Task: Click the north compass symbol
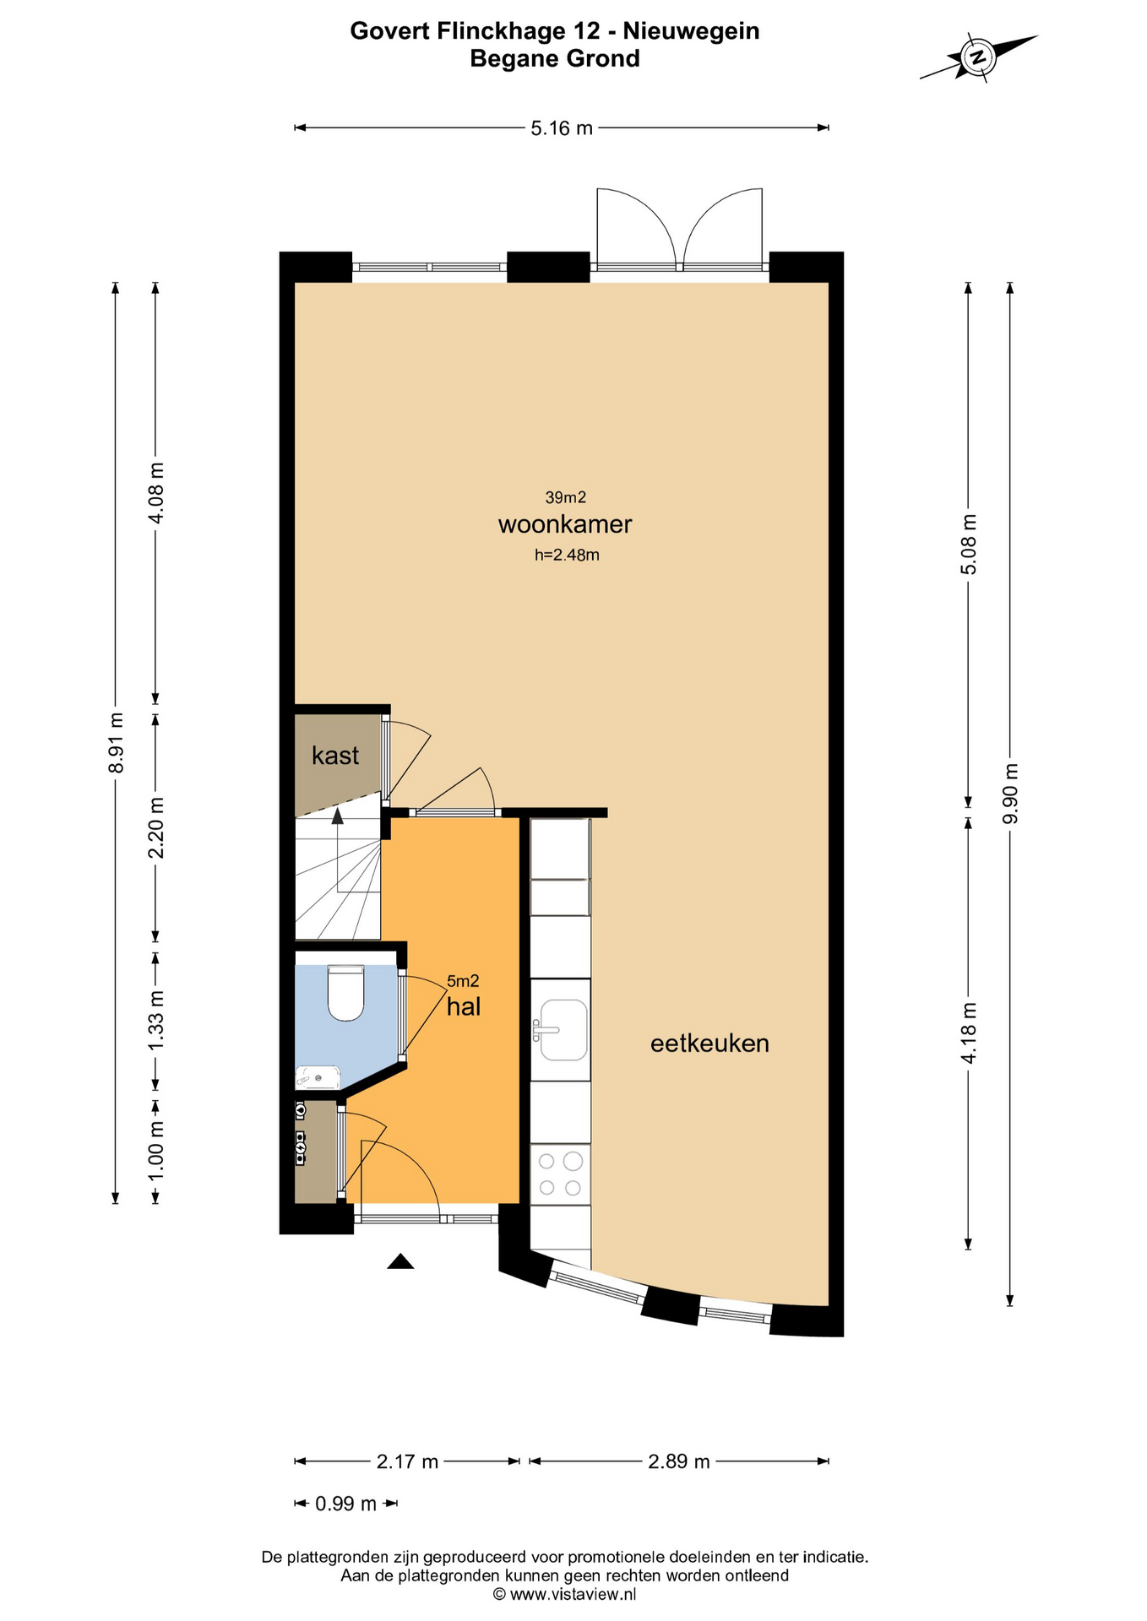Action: [x=978, y=57]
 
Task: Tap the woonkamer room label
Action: [x=565, y=524]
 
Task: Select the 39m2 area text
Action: [x=566, y=497]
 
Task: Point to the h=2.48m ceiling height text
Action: [x=567, y=555]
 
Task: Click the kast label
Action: [x=335, y=755]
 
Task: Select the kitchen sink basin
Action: [x=563, y=1029]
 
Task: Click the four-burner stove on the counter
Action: [x=560, y=1174]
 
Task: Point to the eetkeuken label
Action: [x=709, y=1044]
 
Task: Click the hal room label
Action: [x=464, y=1006]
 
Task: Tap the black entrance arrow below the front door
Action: [x=400, y=1261]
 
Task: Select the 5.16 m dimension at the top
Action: [x=562, y=128]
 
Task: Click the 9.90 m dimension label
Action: [x=1010, y=794]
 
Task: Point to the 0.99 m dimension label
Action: [x=345, y=1504]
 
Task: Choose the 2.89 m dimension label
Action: [x=679, y=1461]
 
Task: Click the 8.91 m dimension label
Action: [x=117, y=742]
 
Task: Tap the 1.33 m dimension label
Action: [x=156, y=1021]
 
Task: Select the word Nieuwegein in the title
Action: [x=691, y=31]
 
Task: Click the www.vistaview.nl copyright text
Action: [x=564, y=1594]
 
